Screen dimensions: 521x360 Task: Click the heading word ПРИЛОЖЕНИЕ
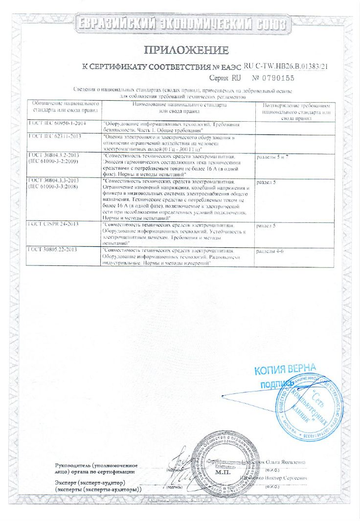point(185,50)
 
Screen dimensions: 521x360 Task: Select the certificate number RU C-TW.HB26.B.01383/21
point(285,65)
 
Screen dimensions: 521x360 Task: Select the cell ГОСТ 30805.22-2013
point(57,250)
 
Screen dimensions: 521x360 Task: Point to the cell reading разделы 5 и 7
point(276,157)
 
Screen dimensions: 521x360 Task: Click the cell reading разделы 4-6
point(273,250)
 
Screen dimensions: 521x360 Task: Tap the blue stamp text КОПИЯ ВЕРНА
point(285,369)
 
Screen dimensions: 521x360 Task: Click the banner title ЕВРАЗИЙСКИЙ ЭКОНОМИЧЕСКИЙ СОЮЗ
point(182,23)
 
